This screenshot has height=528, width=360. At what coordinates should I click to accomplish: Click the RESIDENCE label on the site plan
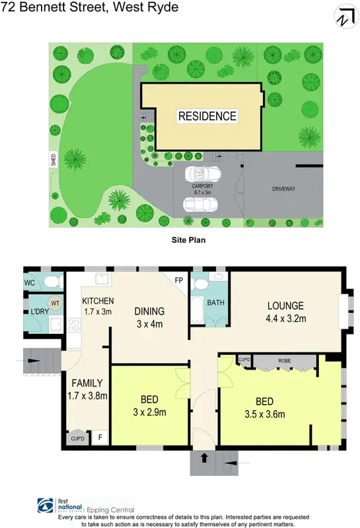pos(207,116)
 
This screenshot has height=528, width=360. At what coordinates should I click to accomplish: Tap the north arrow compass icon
pos(343,17)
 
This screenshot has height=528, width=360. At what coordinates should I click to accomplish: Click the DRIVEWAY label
pos(283,189)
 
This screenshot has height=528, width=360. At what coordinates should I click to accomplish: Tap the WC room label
pos(29,283)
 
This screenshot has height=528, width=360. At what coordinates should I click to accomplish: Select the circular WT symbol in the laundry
pos(55,303)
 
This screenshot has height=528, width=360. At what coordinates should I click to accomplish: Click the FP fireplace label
pos(178,279)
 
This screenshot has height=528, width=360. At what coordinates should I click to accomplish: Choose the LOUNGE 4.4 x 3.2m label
pos(285,311)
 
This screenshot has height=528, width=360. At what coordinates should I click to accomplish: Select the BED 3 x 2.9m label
pos(149,406)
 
